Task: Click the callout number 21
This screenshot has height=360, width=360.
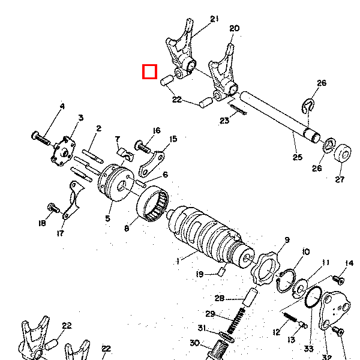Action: click(214, 19)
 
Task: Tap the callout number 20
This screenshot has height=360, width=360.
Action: click(234, 28)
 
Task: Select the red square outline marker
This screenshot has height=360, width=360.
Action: click(149, 72)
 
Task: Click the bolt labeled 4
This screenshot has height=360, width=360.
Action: click(41, 136)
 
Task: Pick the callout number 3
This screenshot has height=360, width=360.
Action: click(80, 118)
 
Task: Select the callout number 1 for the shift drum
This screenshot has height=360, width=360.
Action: click(178, 261)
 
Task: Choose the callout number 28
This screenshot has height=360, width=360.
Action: click(219, 298)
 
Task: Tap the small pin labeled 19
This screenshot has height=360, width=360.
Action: click(220, 274)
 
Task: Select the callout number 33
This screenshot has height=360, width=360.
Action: click(309, 348)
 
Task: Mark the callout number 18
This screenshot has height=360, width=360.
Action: click(41, 223)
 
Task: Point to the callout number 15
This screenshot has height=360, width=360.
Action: click(173, 139)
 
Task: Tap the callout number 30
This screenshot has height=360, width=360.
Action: click(194, 343)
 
